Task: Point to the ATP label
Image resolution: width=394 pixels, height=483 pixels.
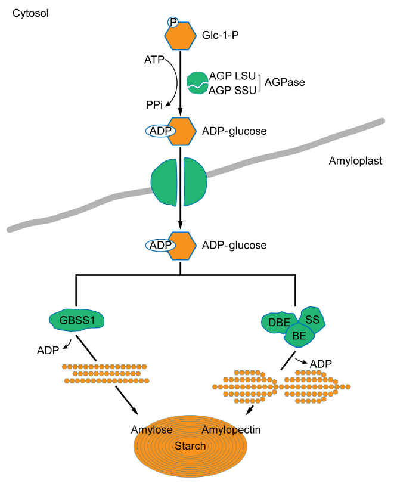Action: pyautogui.click(x=154, y=60)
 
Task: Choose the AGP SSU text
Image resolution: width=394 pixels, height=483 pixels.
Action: pyautogui.click(x=232, y=90)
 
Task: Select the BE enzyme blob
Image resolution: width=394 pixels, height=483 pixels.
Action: pyautogui.click(x=299, y=336)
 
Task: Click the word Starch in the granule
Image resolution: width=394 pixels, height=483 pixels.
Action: pyautogui.click(x=190, y=445)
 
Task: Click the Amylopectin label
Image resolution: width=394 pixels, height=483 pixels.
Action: pyautogui.click(x=230, y=430)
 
